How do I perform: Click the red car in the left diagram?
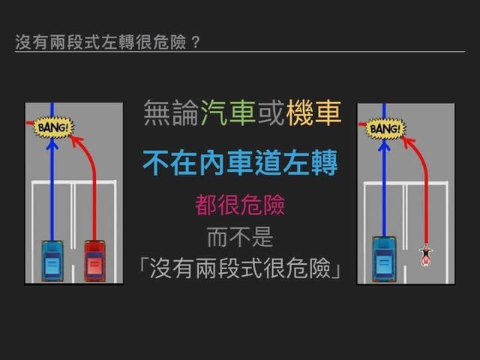94,261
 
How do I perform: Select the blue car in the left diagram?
52,261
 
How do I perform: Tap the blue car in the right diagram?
384,259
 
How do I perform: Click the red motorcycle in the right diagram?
426,255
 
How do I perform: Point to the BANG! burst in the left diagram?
52,127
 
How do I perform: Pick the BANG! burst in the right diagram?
385,128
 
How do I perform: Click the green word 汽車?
228,113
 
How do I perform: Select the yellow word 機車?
314,113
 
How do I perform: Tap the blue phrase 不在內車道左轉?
240,163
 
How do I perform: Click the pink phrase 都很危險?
240,205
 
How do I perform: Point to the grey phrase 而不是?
240,237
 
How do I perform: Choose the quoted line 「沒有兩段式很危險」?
240,268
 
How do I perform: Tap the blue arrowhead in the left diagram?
52,144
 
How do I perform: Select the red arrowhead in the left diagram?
76,141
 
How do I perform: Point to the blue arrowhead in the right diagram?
384,145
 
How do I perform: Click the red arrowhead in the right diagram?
408,142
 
